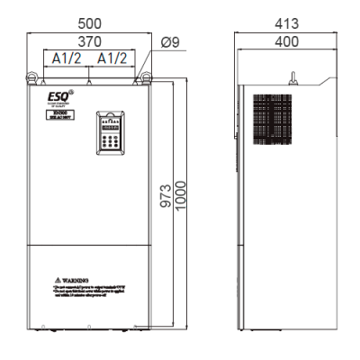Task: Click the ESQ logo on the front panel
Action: point(53,94)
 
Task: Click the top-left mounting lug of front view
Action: point(41,79)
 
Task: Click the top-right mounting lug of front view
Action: point(137,79)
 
